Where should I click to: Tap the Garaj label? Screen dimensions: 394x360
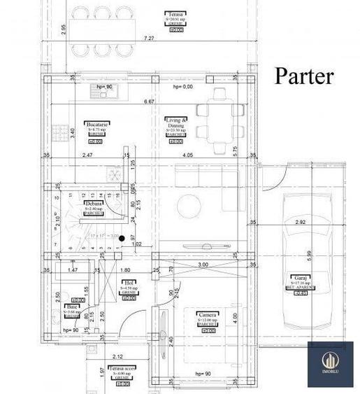click(x=301, y=277)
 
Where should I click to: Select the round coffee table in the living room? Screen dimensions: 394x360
click(x=190, y=206)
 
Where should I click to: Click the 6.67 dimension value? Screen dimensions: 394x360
click(x=149, y=102)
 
